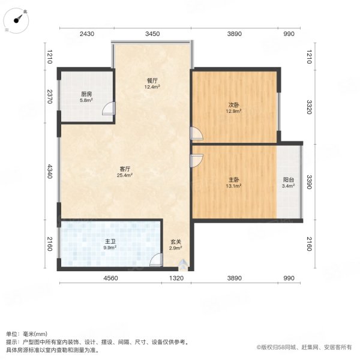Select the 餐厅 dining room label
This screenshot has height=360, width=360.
[152, 80]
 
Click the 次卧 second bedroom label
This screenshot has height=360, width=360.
[233, 104]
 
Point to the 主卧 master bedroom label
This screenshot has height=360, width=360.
[233, 179]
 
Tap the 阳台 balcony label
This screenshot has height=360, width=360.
[288, 178]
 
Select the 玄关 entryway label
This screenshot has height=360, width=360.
[175, 242]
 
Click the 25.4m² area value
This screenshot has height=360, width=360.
[125, 176]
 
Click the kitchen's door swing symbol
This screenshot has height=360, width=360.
[109, 109]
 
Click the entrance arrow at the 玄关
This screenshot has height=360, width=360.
[182, 262]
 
